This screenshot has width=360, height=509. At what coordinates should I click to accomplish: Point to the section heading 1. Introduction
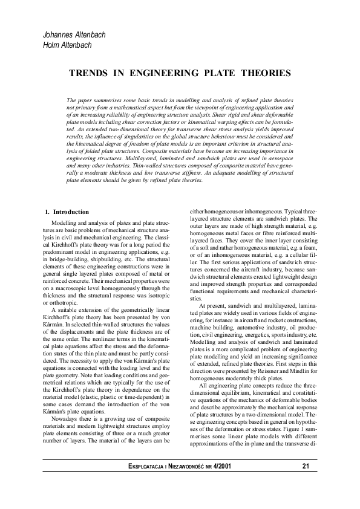click(67, 212)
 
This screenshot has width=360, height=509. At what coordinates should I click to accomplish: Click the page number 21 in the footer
click(306, 466)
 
